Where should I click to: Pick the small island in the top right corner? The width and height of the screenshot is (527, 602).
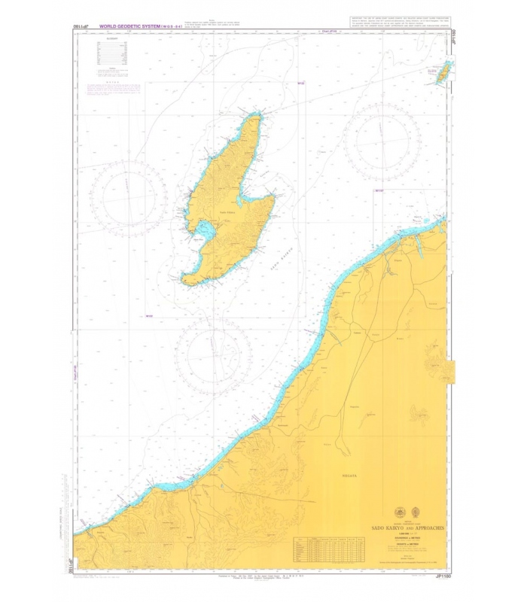click(x=434, y=73)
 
